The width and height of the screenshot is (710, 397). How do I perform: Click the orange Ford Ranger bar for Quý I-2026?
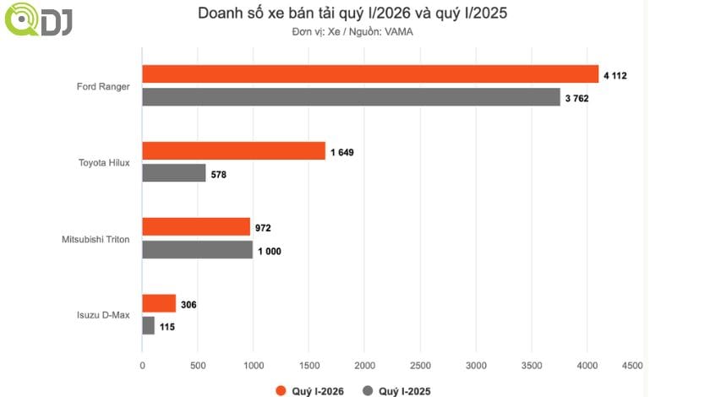pyautogui.click(x=370, y=74)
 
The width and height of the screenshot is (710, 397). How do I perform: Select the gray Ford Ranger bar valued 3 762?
pyautogui.click(x=351, y=97)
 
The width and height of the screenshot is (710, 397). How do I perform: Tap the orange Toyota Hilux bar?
pyautogui.click(x=233, y=151)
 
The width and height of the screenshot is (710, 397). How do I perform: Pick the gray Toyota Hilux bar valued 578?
pyautogui.click(x=173, y=173)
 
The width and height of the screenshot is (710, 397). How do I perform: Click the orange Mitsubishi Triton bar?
pyautogui.click(x=196, y=227)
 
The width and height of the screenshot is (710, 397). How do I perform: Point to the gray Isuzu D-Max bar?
pyautogui.click(x=148, y=326)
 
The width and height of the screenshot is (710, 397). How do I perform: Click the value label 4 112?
pyautogui.click(x=614, y=75)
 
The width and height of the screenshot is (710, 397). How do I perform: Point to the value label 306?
pyautogui.click(x=188, y=304)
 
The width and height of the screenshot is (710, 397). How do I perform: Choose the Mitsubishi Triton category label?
pyautogui.click(x=96, y=239)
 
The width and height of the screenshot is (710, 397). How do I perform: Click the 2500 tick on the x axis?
pyautogui.click(x=420, y=365)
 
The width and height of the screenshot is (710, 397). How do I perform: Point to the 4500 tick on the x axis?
pyautogui.click(x=631, y=365)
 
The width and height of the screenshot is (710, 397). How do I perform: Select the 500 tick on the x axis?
pyautogui.click(x=197, y=365)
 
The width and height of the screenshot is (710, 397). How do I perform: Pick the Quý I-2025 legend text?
pyautogui.click(x=403, y=391)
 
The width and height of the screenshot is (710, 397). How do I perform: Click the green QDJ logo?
pyautogui.click(x=37, y=20)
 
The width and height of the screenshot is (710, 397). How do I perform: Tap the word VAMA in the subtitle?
pyautogui.click(x=401, y=32)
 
